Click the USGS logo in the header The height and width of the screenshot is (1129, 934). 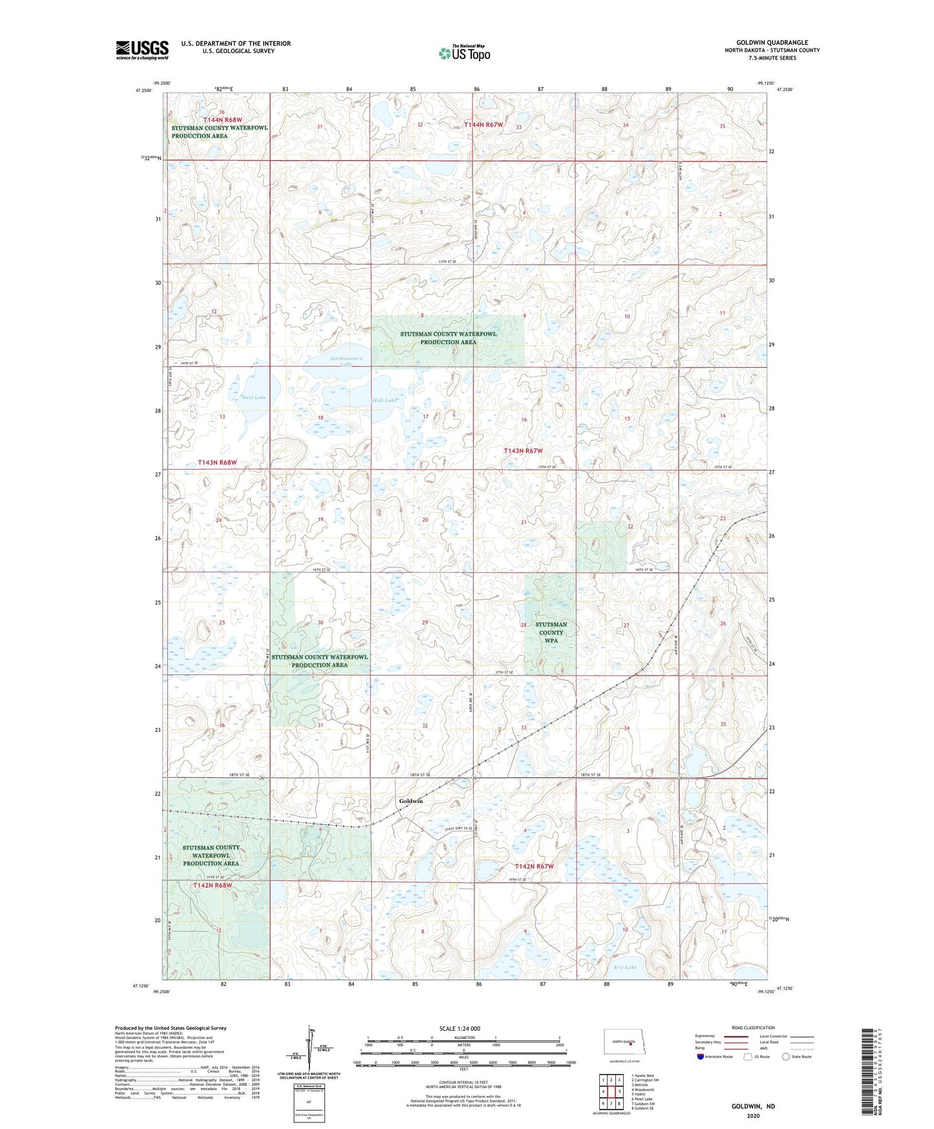[x=142, y=50]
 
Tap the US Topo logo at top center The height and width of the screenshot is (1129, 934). [x=465, y=53]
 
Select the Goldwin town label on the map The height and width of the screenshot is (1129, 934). [x=410, y=801]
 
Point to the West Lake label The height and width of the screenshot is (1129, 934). [x=253, y=397]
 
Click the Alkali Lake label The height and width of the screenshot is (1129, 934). [x=382, y=400]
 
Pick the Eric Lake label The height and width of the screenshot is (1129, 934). [x=625, y=967]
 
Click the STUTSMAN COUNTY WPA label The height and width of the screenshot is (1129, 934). [x=551, y=632]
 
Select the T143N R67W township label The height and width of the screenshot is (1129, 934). [x=523, y=450]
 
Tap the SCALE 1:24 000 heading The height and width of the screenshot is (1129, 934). [x=460, y=1028]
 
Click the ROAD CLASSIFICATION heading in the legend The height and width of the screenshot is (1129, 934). [x=753, y=1027]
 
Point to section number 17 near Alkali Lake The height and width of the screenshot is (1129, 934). [x=425, y=417]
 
